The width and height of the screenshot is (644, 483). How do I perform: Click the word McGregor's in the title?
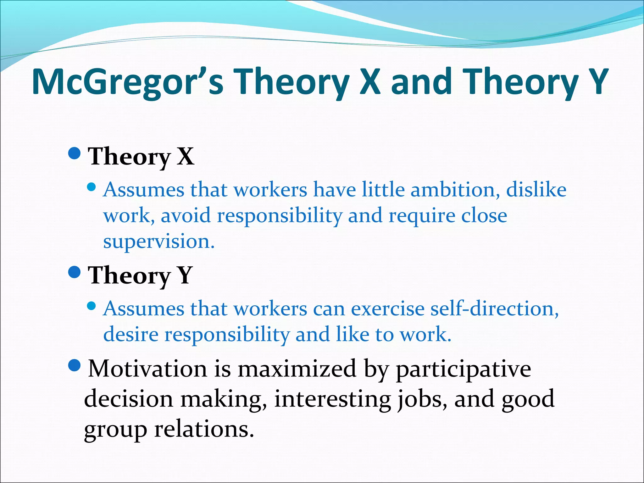click(x=127, y=82)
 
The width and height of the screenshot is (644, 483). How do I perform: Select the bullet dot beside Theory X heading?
click(x=75, y=153)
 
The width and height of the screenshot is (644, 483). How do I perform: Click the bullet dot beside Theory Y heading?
click(x=75, y=272)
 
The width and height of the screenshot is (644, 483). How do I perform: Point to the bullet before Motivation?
click(x=75, y=365)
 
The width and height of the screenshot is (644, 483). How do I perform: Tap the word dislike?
click(x=536, y=190)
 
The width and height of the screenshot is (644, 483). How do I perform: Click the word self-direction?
click(x=494, y=309)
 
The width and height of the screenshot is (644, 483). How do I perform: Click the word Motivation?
click(x=147, y=369)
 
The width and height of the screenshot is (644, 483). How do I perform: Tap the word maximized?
click(x=297, y=369)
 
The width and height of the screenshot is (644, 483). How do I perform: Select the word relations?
click(x=204, y=430)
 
